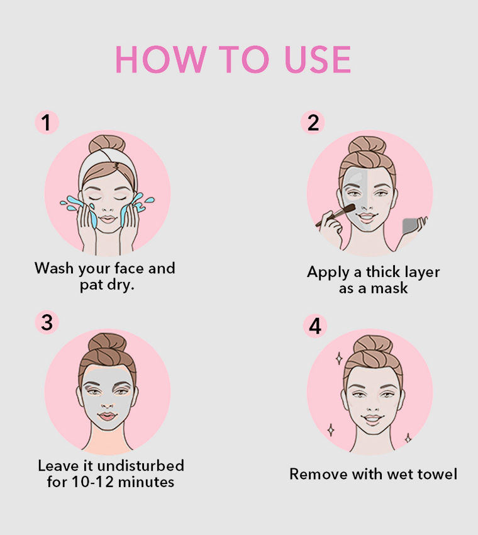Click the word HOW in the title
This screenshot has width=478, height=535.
point(161,59)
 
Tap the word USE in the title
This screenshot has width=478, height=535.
point(318,59)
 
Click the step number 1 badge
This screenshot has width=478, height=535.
point(47,122)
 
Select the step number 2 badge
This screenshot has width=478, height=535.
point(313,122)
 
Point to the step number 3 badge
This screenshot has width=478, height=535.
point(47,322)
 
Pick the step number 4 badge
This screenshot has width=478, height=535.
point(315,326)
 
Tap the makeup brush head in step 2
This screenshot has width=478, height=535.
point(349,208)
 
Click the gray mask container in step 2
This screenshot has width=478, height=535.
point(411,225)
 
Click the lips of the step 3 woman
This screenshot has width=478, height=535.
point(108,416)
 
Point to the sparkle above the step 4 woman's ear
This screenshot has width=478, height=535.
point(339,359)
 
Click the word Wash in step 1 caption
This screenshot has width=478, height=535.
point(54,268)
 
